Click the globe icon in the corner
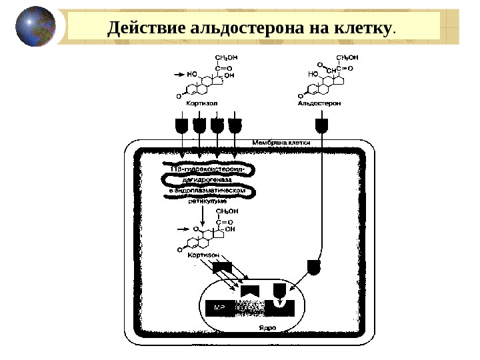point(35,27)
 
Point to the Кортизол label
point(202,103)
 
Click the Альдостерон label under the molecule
point(319,103)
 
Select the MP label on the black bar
point(219,308)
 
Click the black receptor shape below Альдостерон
point(322,125)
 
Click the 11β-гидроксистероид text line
point(203,169)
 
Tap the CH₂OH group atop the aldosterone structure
point(345,57)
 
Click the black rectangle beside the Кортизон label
point(221,267)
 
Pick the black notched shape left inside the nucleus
point(250,290)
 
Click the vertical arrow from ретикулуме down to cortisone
point(202,215)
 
